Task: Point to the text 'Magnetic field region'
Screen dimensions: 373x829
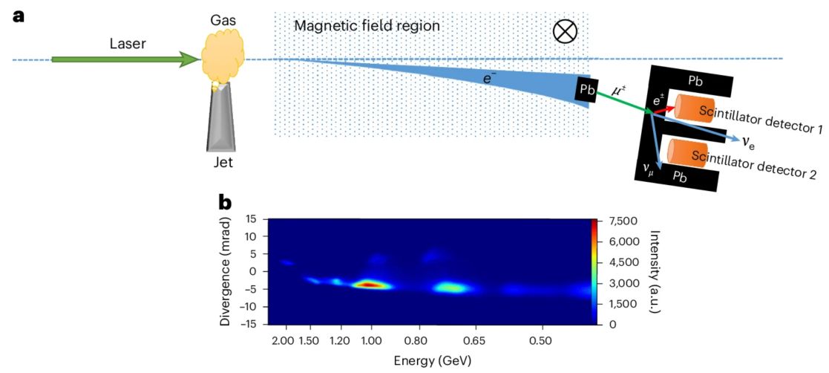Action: click(x=367, y=26)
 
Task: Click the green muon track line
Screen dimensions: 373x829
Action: click(x=623, y=100)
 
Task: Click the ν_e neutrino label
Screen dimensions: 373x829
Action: click(x=750, y=139)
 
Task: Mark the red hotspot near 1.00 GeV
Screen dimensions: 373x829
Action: click(x=367, y=284)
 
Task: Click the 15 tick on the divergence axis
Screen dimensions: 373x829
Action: click(x=255, y=220)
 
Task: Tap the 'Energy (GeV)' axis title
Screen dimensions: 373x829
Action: click(x=430, y=359)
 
